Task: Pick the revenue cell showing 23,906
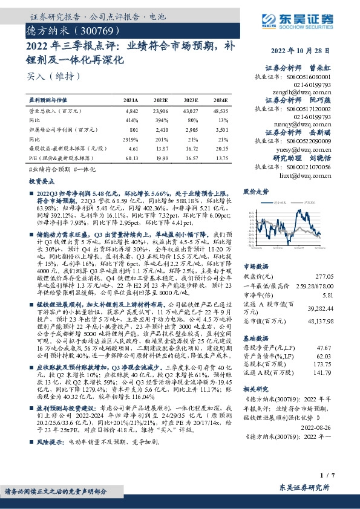(x=161, y=112)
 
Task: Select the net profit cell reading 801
(x=134, y=129)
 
